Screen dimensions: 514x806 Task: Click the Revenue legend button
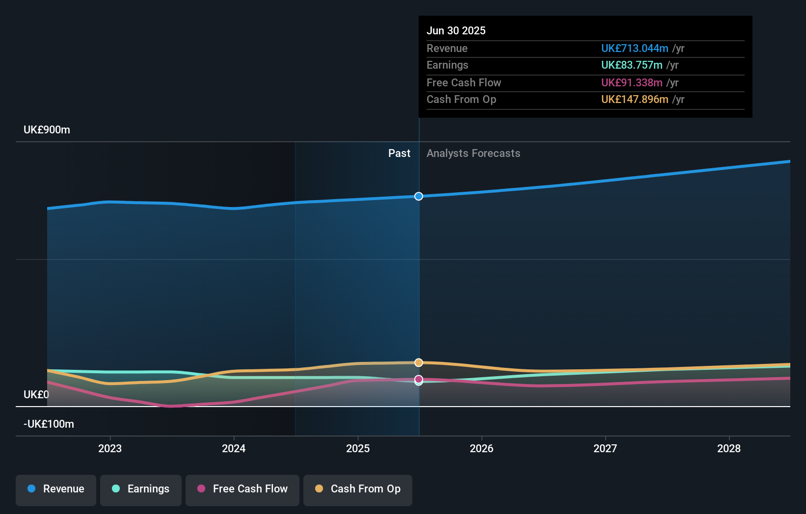point(56,489)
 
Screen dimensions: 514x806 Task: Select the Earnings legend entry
point(141,489)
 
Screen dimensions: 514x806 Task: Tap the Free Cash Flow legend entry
point(242,489)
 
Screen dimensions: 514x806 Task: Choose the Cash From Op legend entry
point(358,489)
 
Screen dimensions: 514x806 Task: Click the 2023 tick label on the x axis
point(110,448)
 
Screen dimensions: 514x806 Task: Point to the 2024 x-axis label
point(234,448)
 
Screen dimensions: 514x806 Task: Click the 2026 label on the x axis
point(482,448)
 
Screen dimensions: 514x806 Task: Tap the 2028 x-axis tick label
point(729,448)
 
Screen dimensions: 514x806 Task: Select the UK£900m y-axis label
point(47,130)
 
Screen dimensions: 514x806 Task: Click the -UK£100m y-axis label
point(49,424)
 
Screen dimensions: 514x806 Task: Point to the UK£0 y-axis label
point(36,395)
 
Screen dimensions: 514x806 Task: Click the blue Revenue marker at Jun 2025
point(419,196)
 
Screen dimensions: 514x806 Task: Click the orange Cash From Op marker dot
point(419,362)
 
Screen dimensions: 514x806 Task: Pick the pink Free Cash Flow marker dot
point(419,379)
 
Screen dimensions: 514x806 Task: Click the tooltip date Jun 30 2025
point(456,30)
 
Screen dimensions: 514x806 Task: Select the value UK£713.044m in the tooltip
point(634,49)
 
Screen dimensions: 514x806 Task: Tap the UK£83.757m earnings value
point(631,65)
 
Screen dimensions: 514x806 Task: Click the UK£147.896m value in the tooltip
point(634,100)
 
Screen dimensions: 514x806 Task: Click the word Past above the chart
point(399,154)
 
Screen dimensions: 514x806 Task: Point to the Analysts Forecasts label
point(473,154)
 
